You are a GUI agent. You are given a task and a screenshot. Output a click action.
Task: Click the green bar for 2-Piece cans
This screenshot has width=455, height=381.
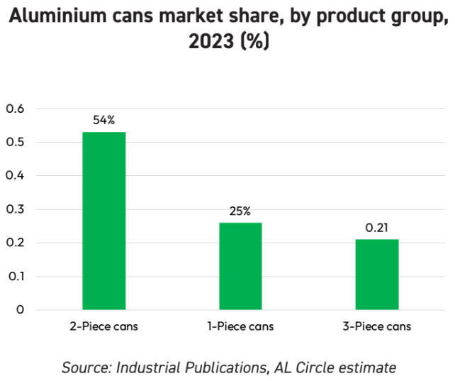point(103,221)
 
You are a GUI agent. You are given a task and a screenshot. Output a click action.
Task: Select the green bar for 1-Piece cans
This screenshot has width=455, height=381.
point(240,266)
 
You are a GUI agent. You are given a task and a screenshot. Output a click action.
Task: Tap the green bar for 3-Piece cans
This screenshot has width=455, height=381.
point(376,274)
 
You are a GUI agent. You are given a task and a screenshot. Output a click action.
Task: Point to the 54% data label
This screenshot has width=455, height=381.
point(103,121)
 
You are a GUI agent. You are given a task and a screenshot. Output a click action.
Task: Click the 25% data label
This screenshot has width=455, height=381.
point(240,211)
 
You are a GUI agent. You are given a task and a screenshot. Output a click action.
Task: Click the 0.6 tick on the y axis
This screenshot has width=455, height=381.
point(15,109)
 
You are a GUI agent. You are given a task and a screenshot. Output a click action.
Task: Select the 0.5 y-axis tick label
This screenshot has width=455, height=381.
point(15,143)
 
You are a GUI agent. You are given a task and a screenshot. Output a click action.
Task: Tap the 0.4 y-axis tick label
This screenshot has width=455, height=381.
point(15,176)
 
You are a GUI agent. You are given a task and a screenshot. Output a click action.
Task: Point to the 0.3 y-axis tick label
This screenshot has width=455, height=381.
point(15,209)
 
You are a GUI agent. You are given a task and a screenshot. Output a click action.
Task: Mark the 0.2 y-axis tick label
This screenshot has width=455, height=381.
point(15,243)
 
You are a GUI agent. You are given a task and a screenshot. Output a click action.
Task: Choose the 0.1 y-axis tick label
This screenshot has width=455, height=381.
point(15,276)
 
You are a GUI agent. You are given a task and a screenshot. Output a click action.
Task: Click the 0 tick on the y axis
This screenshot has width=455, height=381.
point(20,309)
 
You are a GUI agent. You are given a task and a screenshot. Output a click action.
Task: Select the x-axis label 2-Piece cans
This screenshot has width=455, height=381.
point(103,327)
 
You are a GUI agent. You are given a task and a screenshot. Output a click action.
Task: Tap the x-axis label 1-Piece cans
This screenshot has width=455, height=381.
point(240,327)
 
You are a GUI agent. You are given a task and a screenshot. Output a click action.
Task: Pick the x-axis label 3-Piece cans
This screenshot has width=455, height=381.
point(376,327)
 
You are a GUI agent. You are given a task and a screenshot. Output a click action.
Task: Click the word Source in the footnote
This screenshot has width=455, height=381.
point(85,367)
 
